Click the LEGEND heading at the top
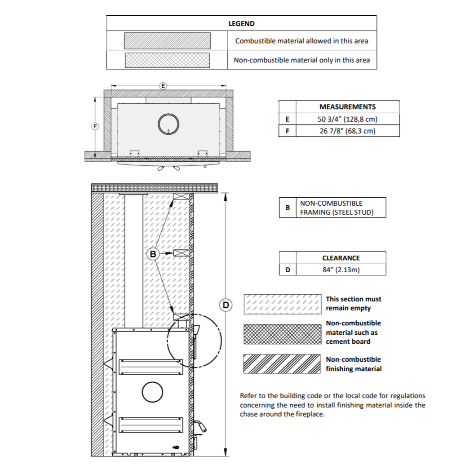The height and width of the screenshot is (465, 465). coord(241,24)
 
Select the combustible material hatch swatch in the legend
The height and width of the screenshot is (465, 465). coord(167,41)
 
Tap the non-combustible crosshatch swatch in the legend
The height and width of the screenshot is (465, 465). coord(167,60)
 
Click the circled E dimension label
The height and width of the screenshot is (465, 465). coord(163,85)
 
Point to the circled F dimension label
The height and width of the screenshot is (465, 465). coord(95,126)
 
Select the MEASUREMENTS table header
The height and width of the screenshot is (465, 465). coord(347,107)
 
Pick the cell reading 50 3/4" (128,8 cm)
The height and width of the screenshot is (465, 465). coord(347,119)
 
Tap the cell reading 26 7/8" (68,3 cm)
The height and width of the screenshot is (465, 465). coord(347,131)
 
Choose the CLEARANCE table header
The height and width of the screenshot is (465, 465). coord(341,258)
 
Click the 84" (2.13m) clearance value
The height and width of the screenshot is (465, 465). coord(341,270)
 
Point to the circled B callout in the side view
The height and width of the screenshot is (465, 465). coord(153,254)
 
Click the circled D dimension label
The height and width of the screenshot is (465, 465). coord(226,305)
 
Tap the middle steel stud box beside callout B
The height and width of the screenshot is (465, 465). coord(181,253)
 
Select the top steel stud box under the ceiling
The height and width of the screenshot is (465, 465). coord(181,197)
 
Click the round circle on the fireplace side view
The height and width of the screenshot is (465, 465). coord(152,393)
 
